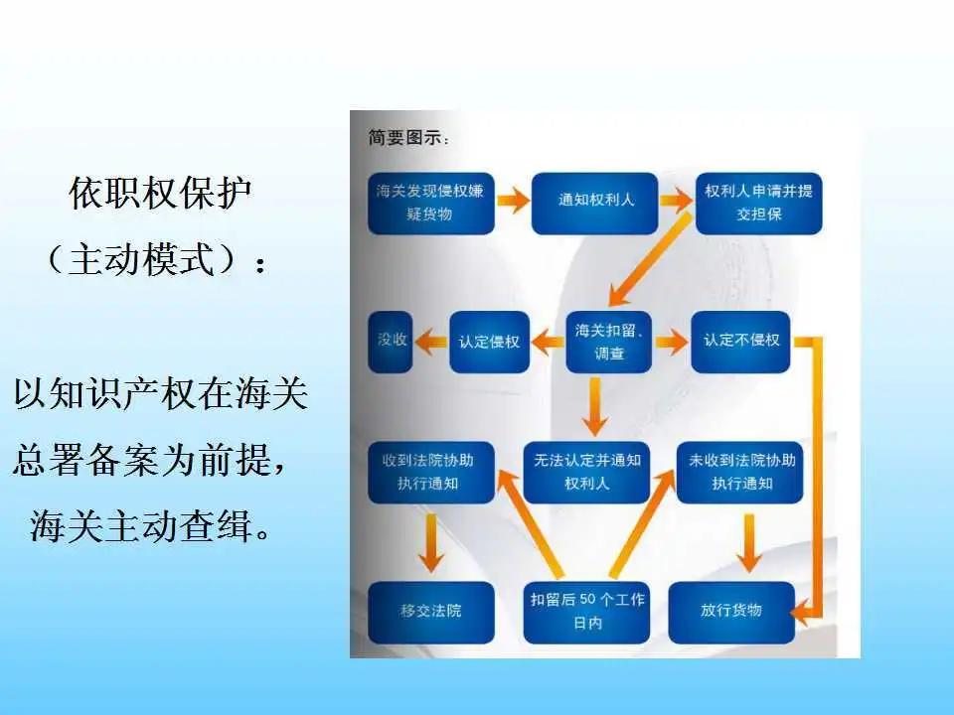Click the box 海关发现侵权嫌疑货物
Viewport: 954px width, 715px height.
[x=430, y=202]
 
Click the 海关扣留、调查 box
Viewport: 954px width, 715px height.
[x=608, y=342]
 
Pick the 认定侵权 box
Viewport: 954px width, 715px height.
[x=489, y=342]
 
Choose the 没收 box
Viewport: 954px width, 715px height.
[x=391, y=342]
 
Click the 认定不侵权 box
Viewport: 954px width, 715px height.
[x=740, y=342]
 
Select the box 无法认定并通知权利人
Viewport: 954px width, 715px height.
[x=586, y=472]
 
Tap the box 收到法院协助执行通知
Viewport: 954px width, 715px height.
[x=430, y=472]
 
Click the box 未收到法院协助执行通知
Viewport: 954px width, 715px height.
[x=741, y=472]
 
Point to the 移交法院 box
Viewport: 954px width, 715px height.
[x=430, y=611]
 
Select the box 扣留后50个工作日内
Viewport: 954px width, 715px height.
[x=586, y=611]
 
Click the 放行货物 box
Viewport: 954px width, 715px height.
[x=730, y=611]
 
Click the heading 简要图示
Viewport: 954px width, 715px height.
[x=408, y=138]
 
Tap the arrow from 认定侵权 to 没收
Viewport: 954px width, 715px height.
[x=430, y=342]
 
